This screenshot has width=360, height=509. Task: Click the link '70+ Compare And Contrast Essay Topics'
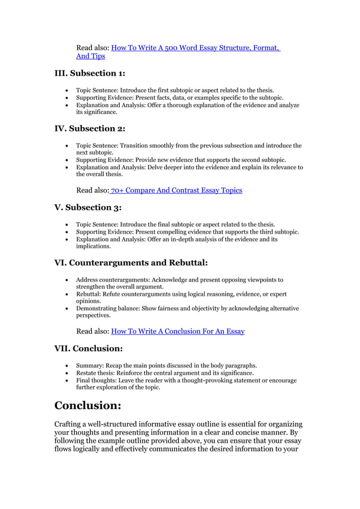177,190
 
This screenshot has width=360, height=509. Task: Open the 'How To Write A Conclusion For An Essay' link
178,331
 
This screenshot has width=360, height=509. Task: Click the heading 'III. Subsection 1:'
90,73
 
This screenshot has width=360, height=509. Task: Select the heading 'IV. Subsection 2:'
90,128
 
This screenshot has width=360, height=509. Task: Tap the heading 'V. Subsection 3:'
87,207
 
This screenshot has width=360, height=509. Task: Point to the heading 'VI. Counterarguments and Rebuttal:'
130,262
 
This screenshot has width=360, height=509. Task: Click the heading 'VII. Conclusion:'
89,348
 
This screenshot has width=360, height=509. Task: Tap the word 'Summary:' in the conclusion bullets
90,366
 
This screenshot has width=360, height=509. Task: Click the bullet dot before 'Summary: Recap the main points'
68,366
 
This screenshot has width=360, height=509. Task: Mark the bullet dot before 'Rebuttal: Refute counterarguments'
68,294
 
